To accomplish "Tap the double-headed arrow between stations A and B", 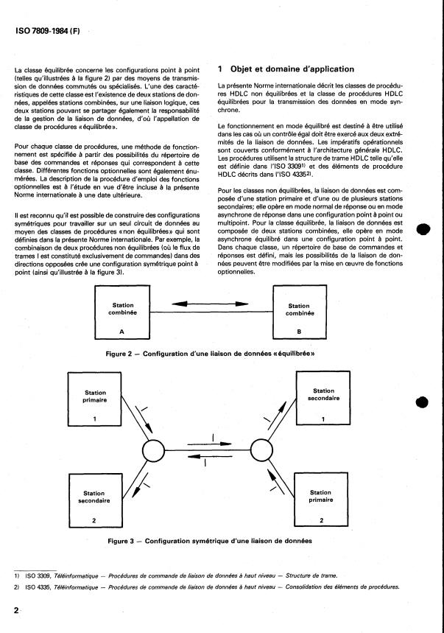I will coord(210,303).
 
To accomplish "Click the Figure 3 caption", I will coord(210,540).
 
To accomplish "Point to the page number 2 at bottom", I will coord(15,611).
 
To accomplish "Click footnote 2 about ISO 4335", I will coord(206,587).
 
